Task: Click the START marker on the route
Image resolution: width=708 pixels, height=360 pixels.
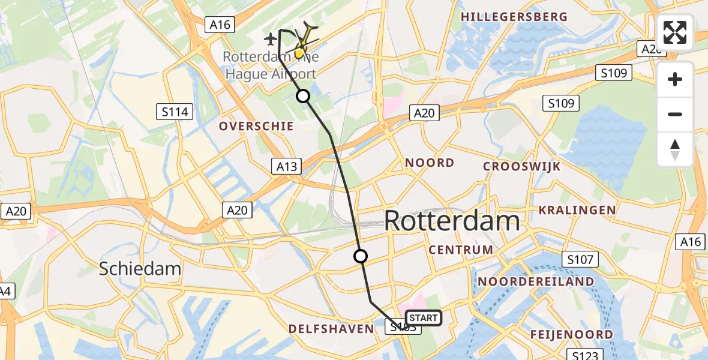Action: [424, 318]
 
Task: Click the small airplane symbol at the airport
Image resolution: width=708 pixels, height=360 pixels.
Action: [271, 39]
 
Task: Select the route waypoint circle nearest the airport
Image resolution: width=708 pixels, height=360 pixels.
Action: [303, 96]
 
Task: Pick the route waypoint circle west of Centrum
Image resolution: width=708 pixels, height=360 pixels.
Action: [361, 256]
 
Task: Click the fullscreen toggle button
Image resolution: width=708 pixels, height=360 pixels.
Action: [675, 32]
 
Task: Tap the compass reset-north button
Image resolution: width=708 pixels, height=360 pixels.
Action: [675, 149]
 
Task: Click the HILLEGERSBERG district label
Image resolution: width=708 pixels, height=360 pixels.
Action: [514, 17]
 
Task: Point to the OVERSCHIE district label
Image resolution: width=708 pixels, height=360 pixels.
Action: [256, 126]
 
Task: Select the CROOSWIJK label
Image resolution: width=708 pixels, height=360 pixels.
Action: [521, 166]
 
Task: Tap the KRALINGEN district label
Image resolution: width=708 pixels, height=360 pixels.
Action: [577, 210]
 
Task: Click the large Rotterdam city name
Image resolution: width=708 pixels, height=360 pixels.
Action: [451, 221]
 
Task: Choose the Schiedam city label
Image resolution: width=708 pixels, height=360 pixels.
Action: [140, 268]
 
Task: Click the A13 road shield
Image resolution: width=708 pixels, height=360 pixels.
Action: [286, 166]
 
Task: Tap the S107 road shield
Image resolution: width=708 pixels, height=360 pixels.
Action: [581, 259]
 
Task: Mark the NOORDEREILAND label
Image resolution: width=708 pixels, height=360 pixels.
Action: [536, 281]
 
